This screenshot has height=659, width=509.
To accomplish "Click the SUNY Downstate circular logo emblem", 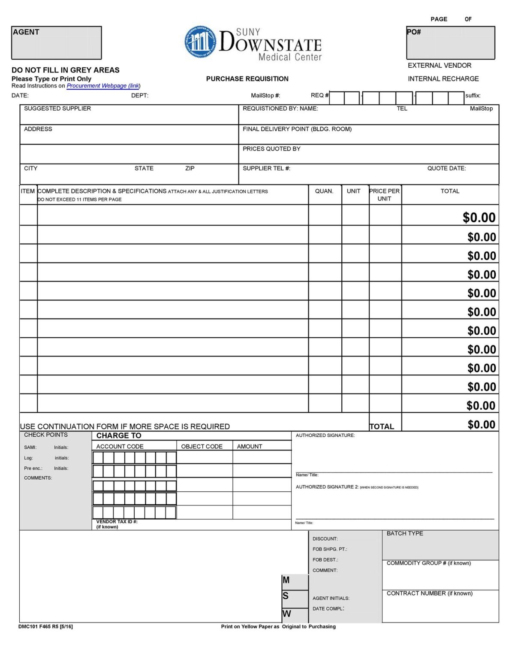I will click(x=200, y=42).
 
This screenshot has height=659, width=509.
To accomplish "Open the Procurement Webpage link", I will click(x=103, y=86).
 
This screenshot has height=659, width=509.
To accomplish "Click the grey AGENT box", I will click(x=56, y=43).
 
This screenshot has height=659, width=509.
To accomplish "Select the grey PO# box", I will click(x=450, y=43).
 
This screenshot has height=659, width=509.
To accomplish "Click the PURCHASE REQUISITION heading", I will click(x=247, y=79).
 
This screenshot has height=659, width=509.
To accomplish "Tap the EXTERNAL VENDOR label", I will click(x=439, y=66).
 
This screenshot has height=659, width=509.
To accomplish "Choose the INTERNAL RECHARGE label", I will click(x=443, y=79).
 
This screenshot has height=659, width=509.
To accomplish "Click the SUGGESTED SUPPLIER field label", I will click(x=57, y=109).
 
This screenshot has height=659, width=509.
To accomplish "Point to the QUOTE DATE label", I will click(x=446, y=169).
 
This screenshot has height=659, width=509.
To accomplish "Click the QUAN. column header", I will click(x=324, y=191).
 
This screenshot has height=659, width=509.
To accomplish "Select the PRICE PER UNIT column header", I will click(x=384, y=195).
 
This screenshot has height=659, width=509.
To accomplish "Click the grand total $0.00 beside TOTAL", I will click(x=481, y=425).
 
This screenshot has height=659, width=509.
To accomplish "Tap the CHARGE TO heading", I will click(x=119, y=435).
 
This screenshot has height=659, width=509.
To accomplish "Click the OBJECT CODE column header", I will click(x=202, y=447).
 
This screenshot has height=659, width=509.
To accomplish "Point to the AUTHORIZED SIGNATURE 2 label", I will click(x=327, y=487).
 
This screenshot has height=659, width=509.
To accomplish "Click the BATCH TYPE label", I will click(x=404, y=534).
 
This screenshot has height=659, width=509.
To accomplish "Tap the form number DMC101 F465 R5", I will click(x=45, y=627).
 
